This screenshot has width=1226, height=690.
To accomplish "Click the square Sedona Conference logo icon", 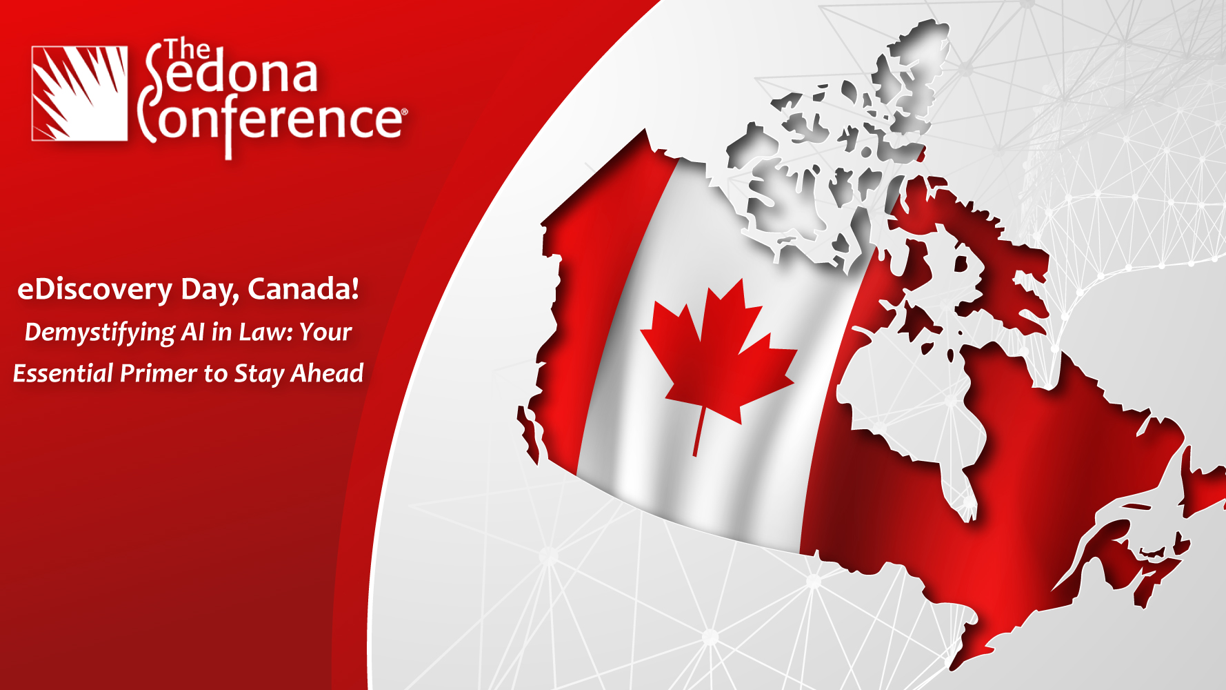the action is point(79,93).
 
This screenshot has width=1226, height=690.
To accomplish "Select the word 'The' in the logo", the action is point(187,50).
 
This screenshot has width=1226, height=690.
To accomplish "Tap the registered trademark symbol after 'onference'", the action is point(404,111).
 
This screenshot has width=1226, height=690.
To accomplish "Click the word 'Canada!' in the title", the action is point(303,288).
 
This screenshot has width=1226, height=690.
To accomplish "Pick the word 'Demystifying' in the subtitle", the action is point(100,333).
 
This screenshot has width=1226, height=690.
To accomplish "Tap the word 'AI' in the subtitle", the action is point(193,332).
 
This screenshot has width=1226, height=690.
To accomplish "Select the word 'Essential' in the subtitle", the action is point(63,373).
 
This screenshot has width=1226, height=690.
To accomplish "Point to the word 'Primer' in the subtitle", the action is point(159,373).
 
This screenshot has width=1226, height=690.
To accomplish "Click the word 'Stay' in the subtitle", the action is point(259,375).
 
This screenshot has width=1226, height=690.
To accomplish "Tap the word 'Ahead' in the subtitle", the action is point(327,373).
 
